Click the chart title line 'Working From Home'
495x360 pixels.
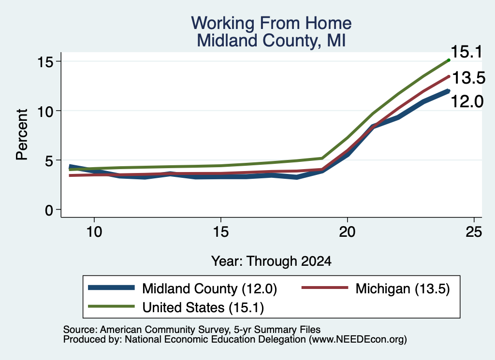click(271, 23)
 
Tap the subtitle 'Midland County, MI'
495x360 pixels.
click(271, 41)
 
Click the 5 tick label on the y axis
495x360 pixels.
click(49, 160)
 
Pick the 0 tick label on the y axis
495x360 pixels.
click(49, 210)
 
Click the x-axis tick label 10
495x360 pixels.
click(94, 232)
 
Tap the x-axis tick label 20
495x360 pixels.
click(347, 232)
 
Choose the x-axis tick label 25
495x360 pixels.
click(474, 232)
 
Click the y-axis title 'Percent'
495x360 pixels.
click(22, 135)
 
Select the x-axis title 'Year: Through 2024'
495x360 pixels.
click(271, 261)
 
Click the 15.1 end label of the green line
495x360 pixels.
click(466, 52)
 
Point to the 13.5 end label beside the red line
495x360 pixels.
click(469, 78)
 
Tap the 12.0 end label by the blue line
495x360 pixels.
click(467, 101)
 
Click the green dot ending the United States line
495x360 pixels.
click(449, 60)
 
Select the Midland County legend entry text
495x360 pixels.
click(209, 288)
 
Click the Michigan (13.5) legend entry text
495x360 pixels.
click(403, 288)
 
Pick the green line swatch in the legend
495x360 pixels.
click(112, 306)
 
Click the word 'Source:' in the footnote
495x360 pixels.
click(80, 330)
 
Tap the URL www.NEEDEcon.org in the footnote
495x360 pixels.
click(357, 339)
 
